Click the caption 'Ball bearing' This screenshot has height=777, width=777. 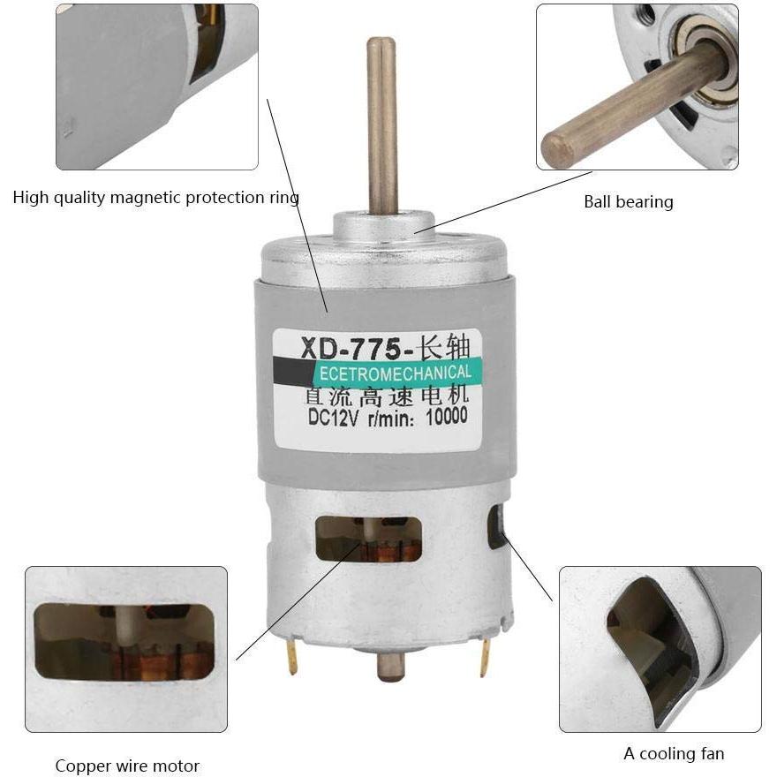pos(628,201)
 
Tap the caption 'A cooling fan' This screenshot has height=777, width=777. pos(674,753)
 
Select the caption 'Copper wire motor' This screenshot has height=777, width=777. pos(127,766)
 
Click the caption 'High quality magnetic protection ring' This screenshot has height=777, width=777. pos(155,197)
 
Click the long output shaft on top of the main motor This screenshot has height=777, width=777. pos(381,124)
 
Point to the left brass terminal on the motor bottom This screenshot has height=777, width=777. pos(291,658)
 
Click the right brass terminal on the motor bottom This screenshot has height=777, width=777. pos(484,657)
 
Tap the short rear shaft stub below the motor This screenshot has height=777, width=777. pos(389,668)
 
